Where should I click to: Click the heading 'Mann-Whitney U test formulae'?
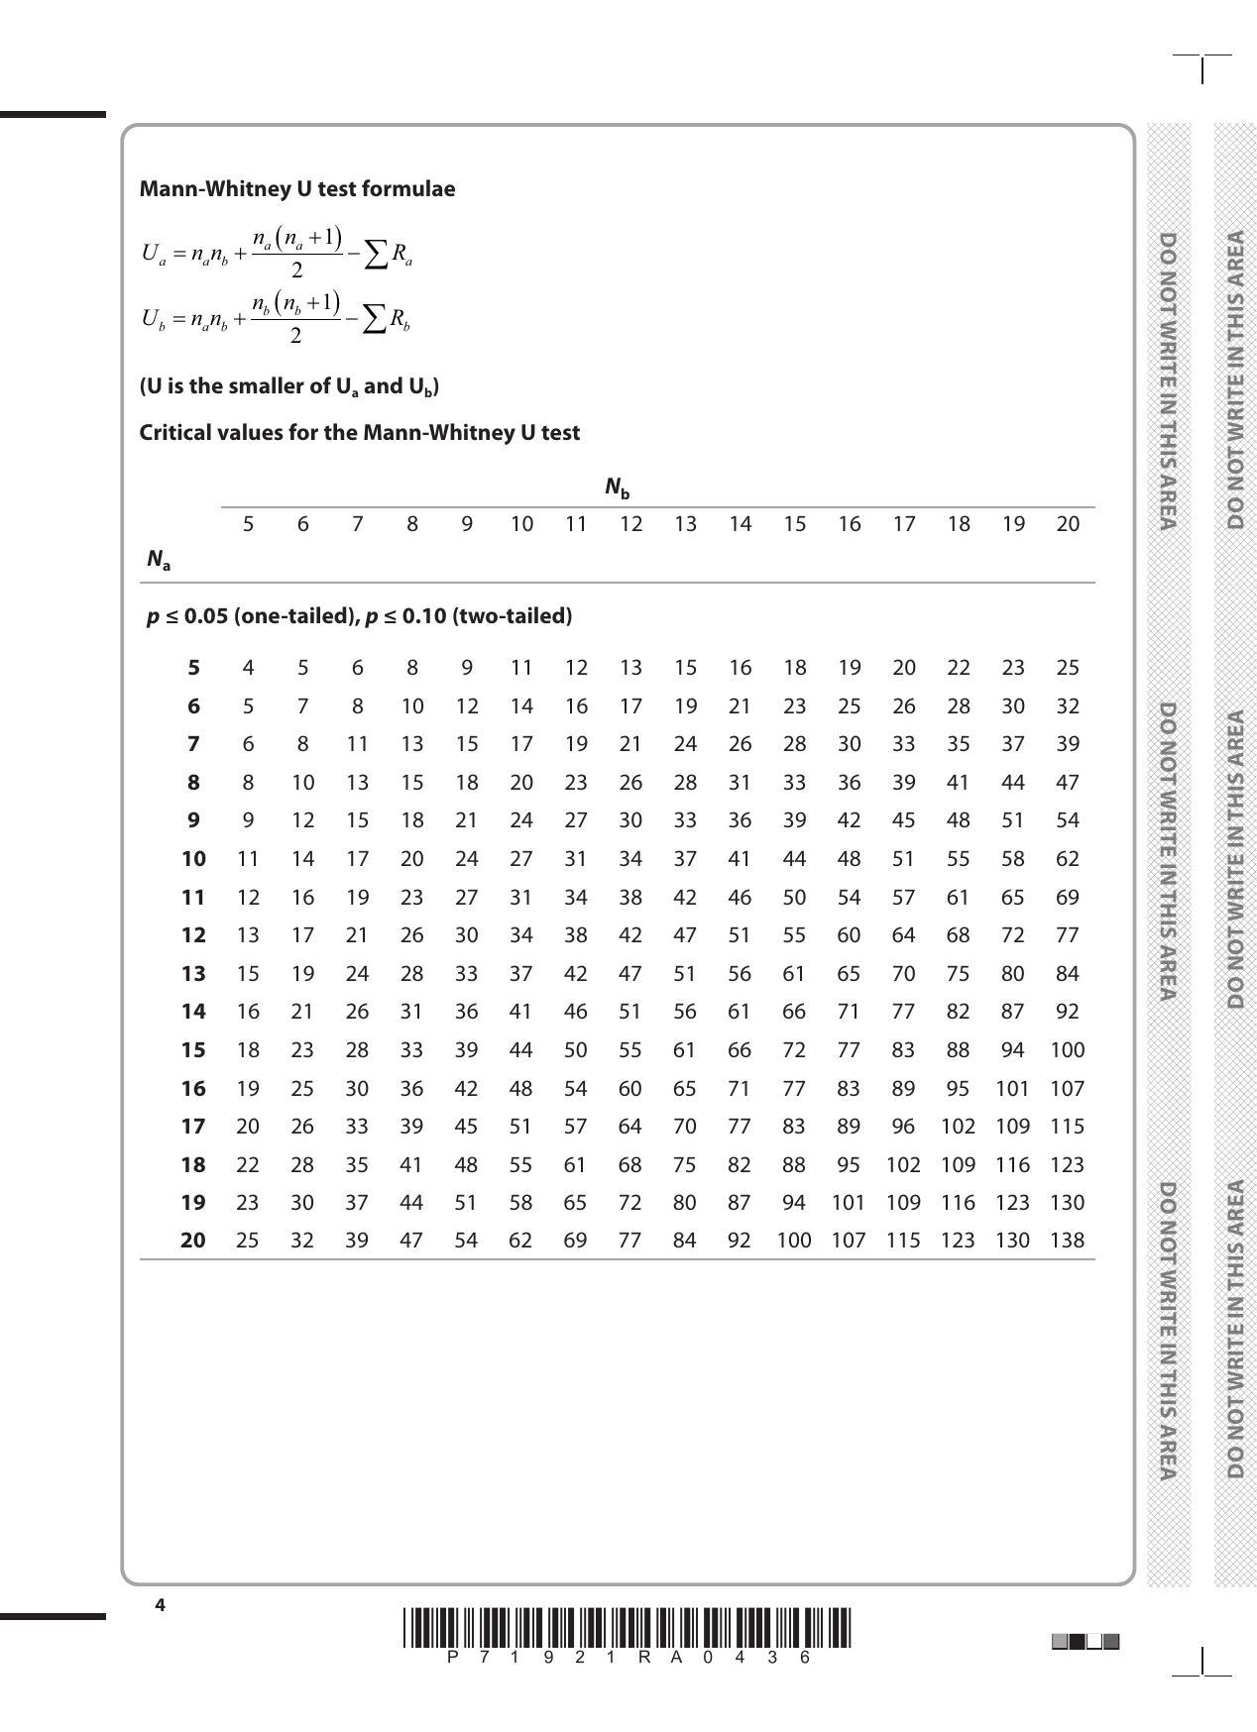(x=297, y=189)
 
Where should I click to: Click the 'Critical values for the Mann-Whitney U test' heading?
(x=359, y=433)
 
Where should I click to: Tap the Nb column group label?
(x=618, y=488)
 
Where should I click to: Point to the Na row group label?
(x=158, y=561)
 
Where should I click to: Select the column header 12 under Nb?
(x=630, y=524)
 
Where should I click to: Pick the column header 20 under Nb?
(x=1067, y=524)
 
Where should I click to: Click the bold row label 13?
(x=193, y=974)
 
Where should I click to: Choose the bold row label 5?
(x=194, y=668)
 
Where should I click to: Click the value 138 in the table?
(x=1067, y=1241)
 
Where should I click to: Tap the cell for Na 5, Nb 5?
(x=248, y=668)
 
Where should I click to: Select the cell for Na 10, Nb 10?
(x=521, y=859)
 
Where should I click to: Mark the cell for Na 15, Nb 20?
(x=1067, y=1050)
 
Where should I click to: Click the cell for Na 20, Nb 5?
(x=248, y=1241)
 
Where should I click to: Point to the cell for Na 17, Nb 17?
(x=903, y=1127)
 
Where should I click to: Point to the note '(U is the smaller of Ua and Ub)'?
(x=288, y=386)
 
